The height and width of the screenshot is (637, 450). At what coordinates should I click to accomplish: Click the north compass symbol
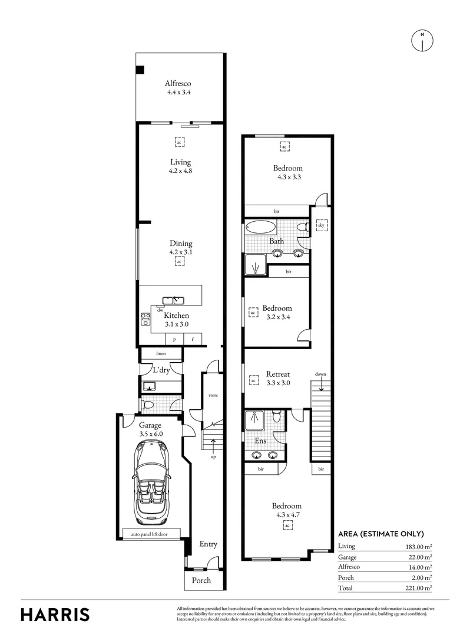[422, 40]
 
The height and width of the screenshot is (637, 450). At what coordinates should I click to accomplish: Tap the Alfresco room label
[178, 84]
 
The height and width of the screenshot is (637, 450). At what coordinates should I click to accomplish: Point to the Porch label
[197, 580]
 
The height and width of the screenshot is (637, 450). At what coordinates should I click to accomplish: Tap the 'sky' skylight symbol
[321, 225]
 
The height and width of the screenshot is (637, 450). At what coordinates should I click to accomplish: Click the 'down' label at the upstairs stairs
[320, 375]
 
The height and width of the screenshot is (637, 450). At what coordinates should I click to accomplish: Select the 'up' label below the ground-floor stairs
[212, 457]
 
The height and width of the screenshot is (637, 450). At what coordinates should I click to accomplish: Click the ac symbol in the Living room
[179, 142]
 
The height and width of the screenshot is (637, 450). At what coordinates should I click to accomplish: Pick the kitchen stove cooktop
[145, 318]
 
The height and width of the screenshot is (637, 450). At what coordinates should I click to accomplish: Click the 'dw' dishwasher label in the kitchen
[160, 309]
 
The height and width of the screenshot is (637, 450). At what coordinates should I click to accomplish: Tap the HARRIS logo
[55, 614]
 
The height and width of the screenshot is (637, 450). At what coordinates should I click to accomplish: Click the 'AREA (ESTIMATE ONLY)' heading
[380, 534]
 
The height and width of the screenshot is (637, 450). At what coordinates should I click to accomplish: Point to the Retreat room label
[277, 374]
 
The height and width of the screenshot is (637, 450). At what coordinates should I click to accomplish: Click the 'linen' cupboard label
[161, 353]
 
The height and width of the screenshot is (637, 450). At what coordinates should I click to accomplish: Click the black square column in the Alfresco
[140, 70]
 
